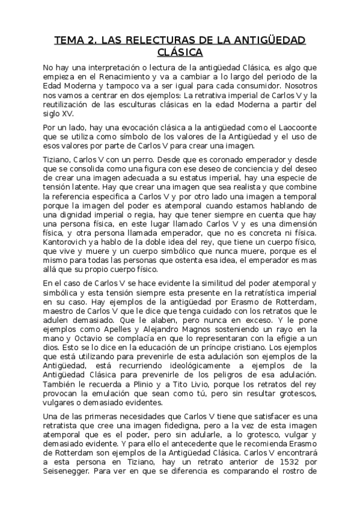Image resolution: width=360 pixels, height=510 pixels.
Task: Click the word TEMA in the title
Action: click(x=69, y=40)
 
